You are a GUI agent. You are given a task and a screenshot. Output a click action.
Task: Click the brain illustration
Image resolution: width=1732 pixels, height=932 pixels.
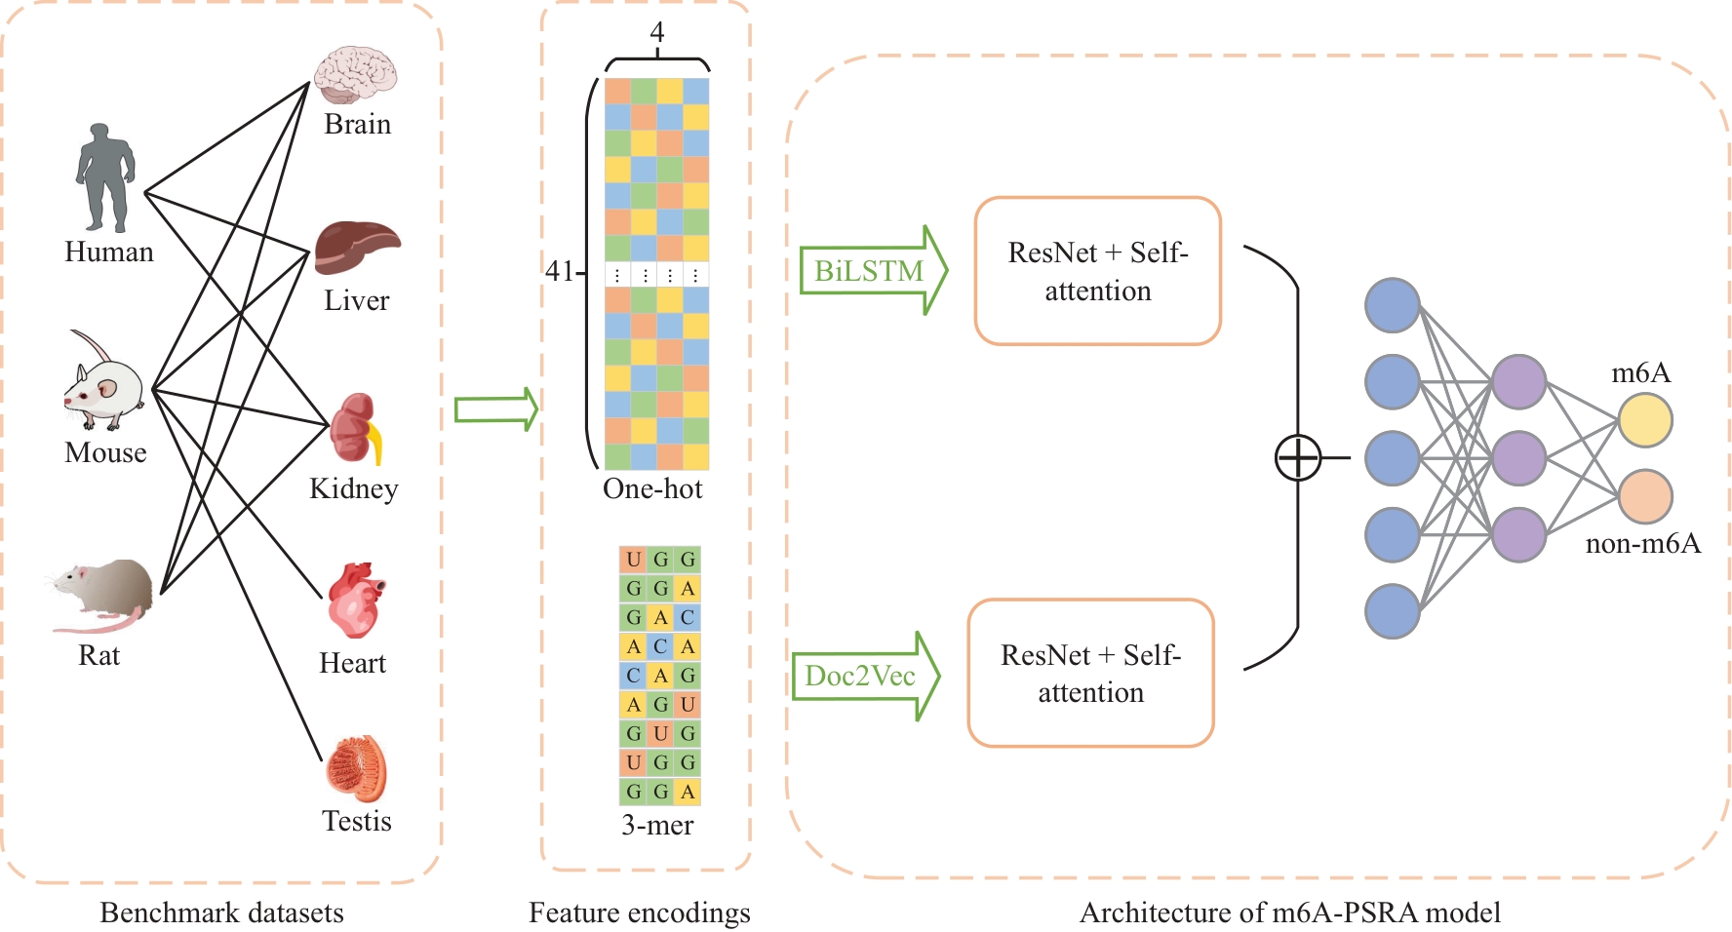pos(355,75)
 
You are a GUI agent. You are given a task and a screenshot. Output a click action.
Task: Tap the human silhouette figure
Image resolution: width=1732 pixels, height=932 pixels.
pos(105,177)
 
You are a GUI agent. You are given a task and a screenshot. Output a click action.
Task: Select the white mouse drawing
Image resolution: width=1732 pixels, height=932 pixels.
pos(104,384)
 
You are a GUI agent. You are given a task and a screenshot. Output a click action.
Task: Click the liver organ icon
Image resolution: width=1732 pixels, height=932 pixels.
pos(356,248)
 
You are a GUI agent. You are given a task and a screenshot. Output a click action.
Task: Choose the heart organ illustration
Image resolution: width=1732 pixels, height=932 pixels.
pos(355,601)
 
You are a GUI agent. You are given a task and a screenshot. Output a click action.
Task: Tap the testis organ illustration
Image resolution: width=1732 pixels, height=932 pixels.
pos(356,769)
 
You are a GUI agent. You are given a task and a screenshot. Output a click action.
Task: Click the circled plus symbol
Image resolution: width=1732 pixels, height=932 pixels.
pos(1298,457)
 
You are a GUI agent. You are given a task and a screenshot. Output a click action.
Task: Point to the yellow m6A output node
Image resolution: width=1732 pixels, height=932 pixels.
pos(1645,420)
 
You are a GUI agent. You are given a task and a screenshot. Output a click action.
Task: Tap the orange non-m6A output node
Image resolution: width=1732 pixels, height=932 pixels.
pos(1645,496)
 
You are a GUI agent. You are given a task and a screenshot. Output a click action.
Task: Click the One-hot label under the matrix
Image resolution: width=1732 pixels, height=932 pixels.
pos(652,488)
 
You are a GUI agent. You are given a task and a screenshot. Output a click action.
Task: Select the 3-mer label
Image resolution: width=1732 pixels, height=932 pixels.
pos(657,825)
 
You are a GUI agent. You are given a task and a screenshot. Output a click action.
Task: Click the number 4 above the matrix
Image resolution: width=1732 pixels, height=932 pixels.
pos(657,32)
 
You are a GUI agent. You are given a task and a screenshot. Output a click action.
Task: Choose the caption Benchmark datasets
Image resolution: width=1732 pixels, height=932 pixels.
pos(221,913)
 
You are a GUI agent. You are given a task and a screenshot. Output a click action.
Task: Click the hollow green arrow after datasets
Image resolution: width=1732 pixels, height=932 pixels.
pos(496,409)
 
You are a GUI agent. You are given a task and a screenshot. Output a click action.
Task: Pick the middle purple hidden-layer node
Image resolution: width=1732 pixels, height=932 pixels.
pos(1518,457)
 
